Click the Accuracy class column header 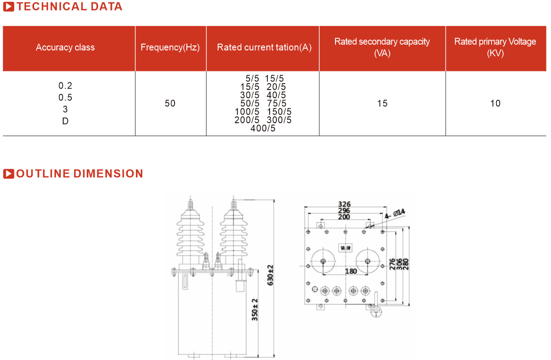(65, 47)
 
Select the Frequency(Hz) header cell (170, 47)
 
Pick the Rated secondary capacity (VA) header (382, 47)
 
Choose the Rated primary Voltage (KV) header (495, 47)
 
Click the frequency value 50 (170, 104)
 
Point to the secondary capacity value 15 (382, 104)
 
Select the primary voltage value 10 (495, 104)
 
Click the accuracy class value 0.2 (65, 86)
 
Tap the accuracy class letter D (65, 121)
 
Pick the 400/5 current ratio (263, 129)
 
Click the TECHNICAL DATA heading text (70, 7)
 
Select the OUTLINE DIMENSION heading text (80, 174)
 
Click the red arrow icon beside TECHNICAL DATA (9, 7)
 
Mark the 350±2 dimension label (255, 310)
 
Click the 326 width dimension (344, 204)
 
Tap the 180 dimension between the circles (351, 271)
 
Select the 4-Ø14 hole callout (395, 213)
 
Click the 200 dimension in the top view (344, 217)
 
